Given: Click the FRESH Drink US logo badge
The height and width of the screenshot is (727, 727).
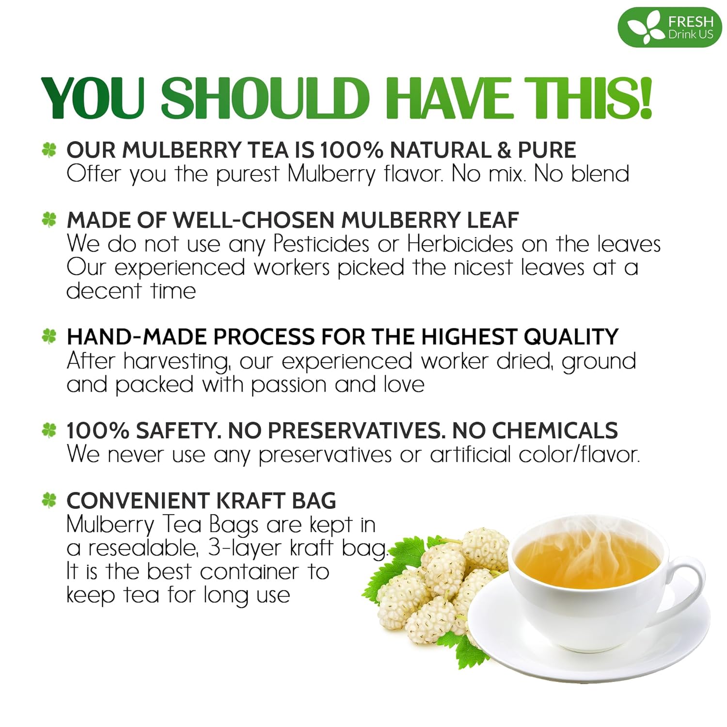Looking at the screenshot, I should click(x=669, y=28).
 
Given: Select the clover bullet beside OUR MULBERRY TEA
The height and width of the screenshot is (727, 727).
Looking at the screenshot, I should click(x=49, y=150).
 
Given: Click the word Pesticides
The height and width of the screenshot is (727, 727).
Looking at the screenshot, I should click(x=321, y=244).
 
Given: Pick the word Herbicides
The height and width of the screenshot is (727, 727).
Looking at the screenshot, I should click(x=459, y=244).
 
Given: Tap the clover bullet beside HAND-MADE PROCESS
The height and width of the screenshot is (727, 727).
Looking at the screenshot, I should click(x=49, y=336).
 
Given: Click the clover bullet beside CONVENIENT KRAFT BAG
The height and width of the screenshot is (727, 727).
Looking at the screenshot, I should click(x=49, y=500).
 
